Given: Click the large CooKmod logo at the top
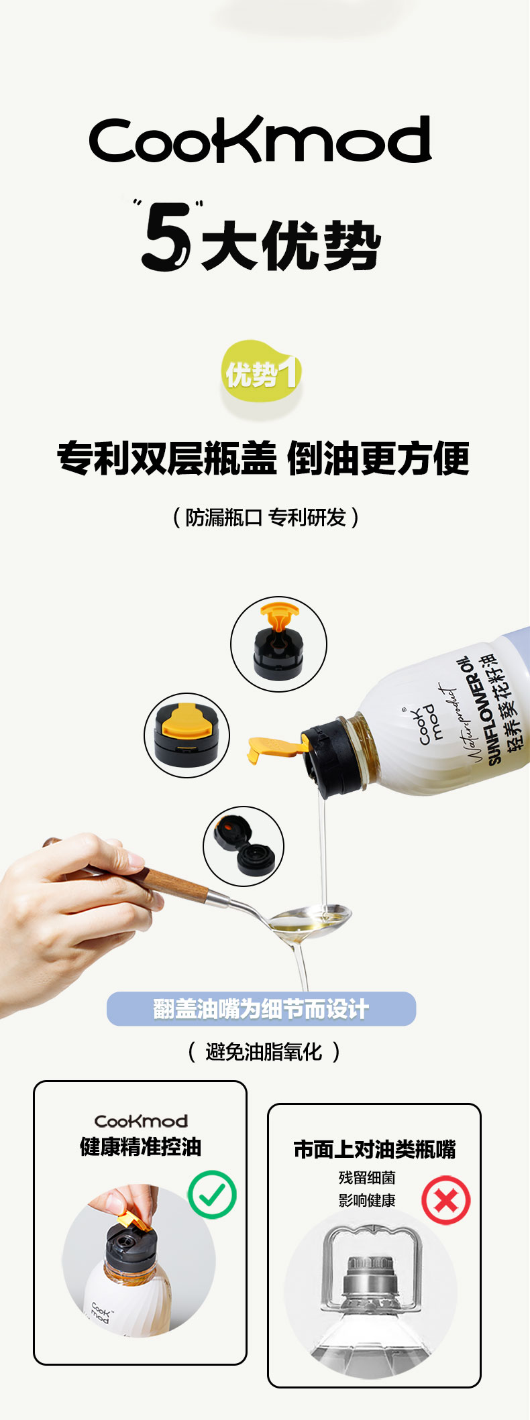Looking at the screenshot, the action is [x=260, y=139].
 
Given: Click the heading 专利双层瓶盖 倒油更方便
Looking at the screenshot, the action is [x=263, y=459].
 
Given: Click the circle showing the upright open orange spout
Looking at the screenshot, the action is [x=278, y=644].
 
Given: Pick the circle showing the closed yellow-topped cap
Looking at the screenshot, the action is [x=187, y=735].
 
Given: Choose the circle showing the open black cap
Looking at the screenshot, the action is [x=244, y=846].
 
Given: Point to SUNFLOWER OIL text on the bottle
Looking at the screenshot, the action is [x=478, y=711].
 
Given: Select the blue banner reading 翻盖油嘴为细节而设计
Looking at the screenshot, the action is [x=261, y=1008].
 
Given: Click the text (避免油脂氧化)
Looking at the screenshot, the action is [x=264, y=1051].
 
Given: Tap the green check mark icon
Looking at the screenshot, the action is [x=212, y=1194].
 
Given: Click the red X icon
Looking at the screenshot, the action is [x=446, y=1200].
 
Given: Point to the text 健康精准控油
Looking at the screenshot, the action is [x=140, y=1146].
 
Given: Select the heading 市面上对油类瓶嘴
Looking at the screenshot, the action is [x=374, y=1149].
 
